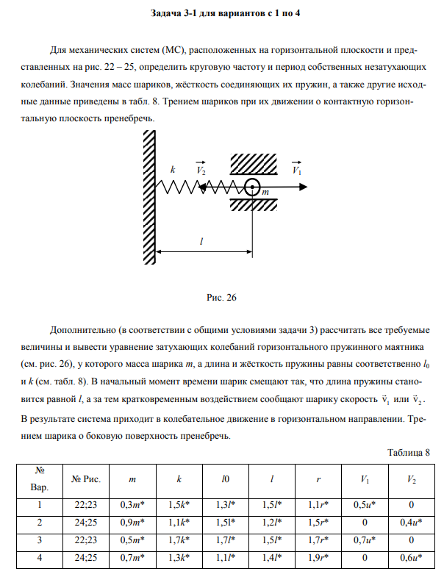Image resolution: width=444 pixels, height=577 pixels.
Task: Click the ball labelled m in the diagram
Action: (x=252, y=188)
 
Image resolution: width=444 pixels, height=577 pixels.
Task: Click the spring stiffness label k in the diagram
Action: (x=173, y=170)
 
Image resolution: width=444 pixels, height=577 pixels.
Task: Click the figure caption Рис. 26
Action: (x=221, y=298)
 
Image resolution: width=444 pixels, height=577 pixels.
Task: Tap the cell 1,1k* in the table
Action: (x=179, y=523)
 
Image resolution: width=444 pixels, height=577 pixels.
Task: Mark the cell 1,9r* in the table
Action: (x=318, y=558)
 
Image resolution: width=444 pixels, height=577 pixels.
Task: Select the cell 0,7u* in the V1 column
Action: (x=365, y=540)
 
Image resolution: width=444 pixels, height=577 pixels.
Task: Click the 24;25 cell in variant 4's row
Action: (x=86, y=558)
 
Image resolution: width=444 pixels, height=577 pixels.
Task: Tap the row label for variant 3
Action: (x=39, y=540)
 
